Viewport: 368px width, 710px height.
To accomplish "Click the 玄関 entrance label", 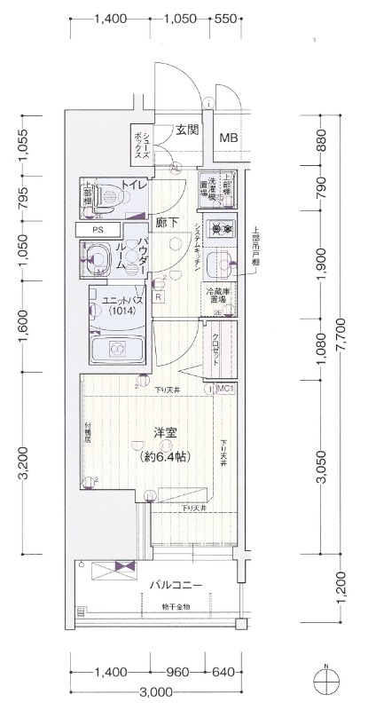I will (x=186, y=130).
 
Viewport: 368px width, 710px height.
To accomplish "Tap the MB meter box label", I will (x=229, y=138).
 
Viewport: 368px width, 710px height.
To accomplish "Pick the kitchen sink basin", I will (x=218, y=264).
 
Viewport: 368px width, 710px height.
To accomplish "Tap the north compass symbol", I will (x=329, y=682).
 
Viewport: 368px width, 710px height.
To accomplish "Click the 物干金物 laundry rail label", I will (x=176, y=607).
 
